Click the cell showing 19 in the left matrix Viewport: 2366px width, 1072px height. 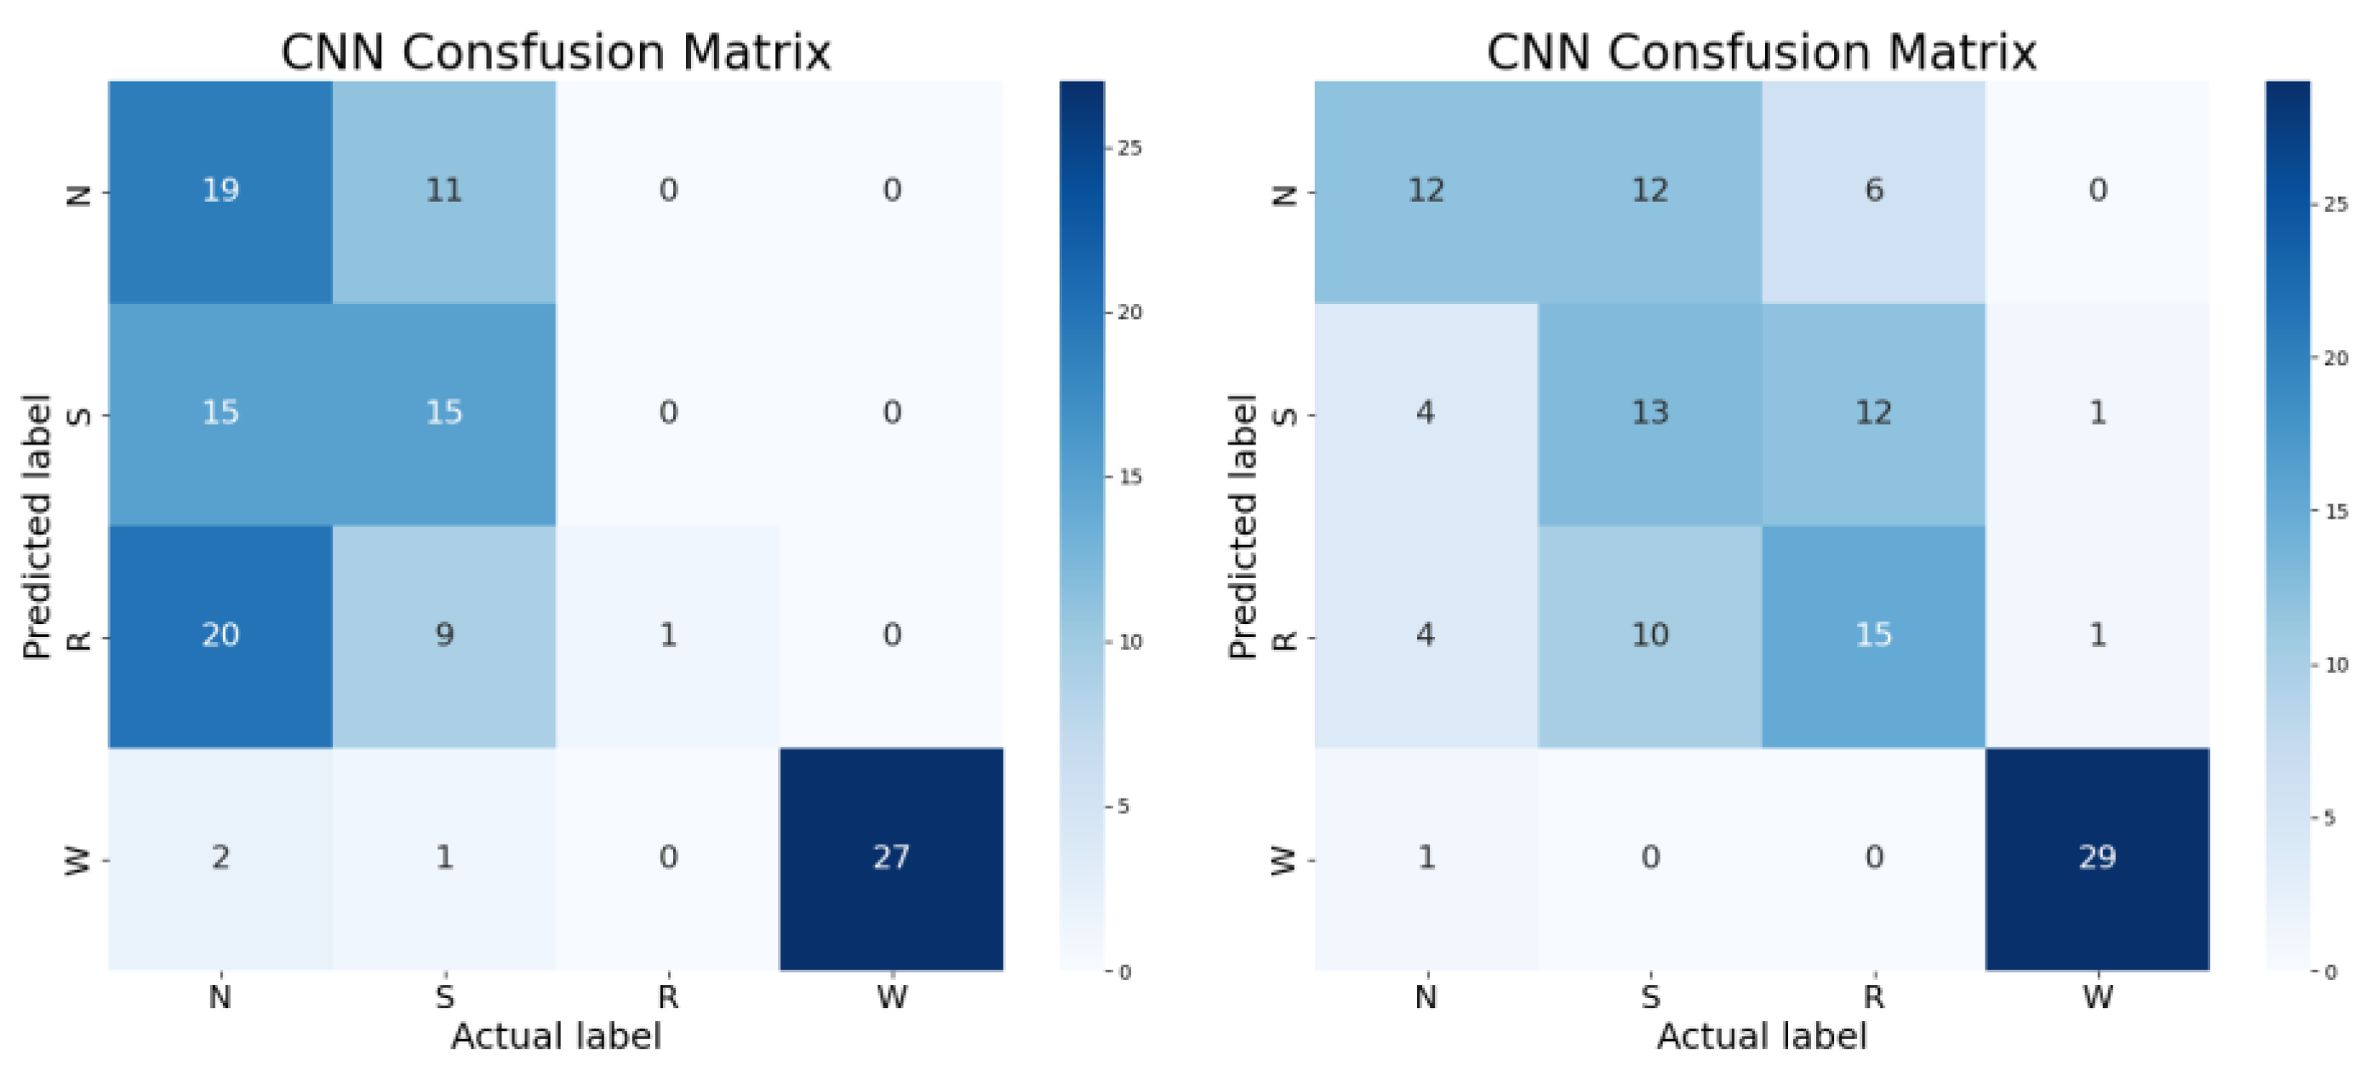220,191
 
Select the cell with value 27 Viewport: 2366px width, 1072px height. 891,858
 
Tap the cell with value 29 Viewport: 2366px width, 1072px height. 2097,858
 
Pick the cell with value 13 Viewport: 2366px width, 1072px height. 1649,413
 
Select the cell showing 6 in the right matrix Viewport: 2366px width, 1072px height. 1874,191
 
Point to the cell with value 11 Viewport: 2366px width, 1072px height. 443,191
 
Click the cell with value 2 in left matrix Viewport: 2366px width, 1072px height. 220,858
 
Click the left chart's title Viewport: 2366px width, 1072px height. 556,52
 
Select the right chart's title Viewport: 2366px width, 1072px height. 1762,52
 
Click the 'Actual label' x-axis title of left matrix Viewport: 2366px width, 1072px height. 556,1036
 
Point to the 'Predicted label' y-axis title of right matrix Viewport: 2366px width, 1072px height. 1242,525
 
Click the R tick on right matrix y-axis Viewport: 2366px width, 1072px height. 1286,638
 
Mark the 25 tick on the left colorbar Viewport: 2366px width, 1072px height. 1129,148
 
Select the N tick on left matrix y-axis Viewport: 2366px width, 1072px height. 80,194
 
